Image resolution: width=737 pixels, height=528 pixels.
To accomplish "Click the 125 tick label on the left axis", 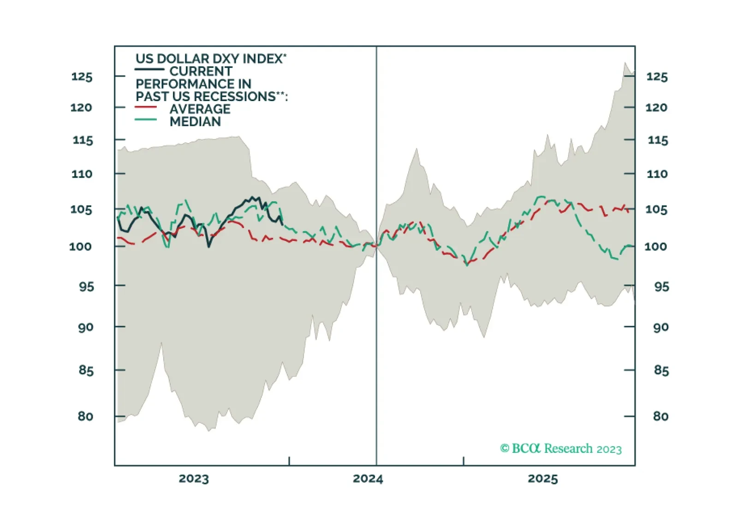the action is [x=82, y=77].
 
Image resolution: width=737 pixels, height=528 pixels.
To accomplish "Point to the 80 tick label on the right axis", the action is [x=660, y=416].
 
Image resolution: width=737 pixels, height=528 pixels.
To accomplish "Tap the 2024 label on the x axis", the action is [x=368, y=479].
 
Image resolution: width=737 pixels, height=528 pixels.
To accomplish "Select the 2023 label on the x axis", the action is [x=194, y=479].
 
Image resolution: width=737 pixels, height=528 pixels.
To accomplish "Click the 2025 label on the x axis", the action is [x=543, y=479].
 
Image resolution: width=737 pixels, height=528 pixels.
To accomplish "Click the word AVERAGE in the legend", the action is [x=200, y=109].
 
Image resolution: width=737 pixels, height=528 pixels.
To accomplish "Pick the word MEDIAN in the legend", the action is [x=195, y=122].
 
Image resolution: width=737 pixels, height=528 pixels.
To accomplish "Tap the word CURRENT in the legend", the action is [x=201, y=71].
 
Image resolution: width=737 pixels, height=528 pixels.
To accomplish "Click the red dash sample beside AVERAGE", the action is [x=146, y=107].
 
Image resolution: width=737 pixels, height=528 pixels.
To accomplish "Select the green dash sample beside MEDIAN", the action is [x=146, y=120].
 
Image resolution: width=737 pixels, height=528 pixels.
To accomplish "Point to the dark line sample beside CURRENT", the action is [x=149, y=69].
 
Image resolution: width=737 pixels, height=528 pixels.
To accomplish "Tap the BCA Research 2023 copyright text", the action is [x=561, y=448].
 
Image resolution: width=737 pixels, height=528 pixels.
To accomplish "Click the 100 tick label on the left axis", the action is [x=80, y=246].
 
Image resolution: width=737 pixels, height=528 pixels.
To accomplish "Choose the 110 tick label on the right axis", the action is [x=657, y=174].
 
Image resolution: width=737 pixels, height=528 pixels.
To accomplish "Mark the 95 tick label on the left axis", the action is [x=86, y=287].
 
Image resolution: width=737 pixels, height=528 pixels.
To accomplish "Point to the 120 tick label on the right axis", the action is [x=656, y=108].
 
